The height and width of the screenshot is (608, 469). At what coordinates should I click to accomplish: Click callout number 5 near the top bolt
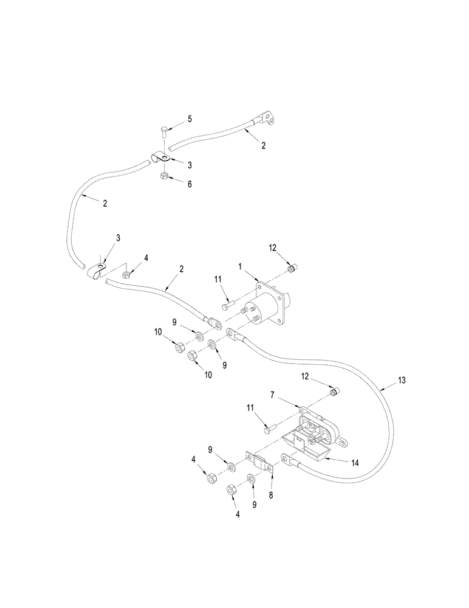pyautogui.click(x=189, y=119)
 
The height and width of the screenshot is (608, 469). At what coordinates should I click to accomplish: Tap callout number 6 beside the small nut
pyautogui.click(x=189, y=184)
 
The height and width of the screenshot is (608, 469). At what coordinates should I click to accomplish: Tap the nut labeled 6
pyautogui.click(x=164, y=176)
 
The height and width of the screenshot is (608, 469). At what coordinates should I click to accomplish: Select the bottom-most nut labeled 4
pyautogui.click(x=231, y=490)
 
